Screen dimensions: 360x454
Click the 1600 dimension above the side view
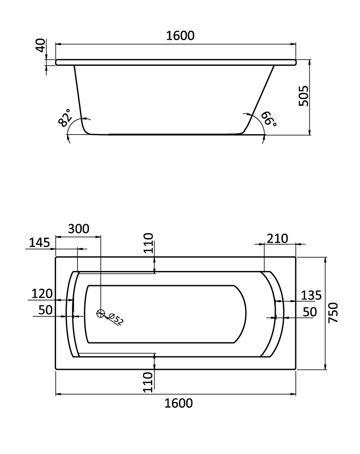click(180, 35)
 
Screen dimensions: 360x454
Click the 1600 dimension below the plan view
click(178, 403)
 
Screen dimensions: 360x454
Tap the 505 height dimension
click(304, 96)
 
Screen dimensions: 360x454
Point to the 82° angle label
click(64, 118)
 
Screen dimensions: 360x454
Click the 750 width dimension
click(333, 313)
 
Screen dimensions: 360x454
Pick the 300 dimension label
click(79, 229)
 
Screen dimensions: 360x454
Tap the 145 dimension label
click(40, 243)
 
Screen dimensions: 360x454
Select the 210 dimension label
click(278, 239)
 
